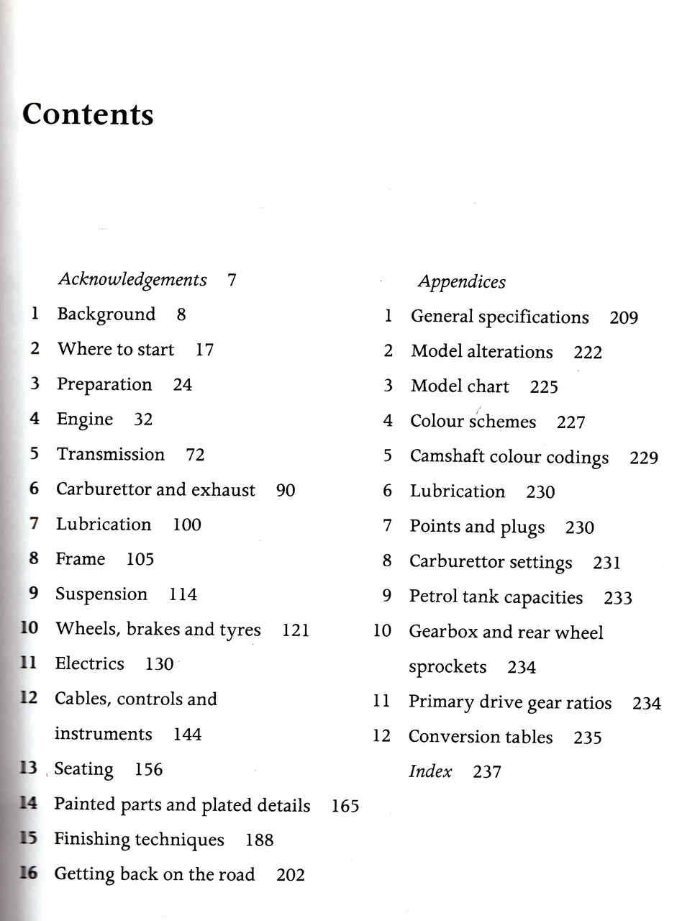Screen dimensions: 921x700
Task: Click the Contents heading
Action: [88, 114]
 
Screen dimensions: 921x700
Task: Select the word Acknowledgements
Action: [132, 280]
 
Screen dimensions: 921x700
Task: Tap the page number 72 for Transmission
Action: [195, 455]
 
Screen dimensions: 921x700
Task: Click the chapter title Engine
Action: [85, 419]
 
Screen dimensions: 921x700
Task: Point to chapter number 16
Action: [28, 874]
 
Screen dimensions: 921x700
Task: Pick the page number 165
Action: [345, 806]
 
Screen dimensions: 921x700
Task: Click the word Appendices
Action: [462, 282]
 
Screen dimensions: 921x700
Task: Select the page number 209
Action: [624, 317]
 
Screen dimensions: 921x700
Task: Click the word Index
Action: [430, 771]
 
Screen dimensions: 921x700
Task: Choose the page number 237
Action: [487, 772]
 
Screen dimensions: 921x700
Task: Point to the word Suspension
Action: [101, 594]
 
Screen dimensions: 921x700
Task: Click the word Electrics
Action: [90, 663]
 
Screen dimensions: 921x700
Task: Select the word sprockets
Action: [447, 667]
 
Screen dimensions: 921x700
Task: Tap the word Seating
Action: [84, 769]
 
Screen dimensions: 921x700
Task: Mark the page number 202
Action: [291, 875]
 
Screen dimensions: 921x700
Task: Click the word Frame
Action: [81, 559]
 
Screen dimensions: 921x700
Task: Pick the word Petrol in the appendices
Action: [433, 596]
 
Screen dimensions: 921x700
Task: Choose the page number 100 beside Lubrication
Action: [187, 525]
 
